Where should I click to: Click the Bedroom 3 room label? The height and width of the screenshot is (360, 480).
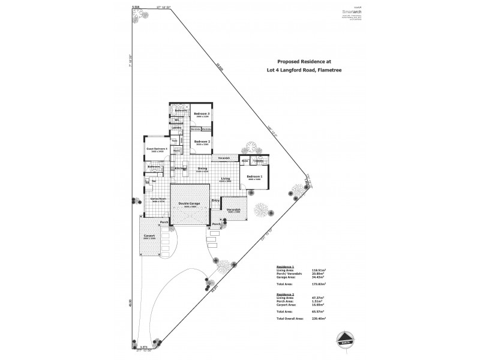pos(201,113)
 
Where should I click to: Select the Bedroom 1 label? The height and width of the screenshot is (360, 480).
pos(254,176)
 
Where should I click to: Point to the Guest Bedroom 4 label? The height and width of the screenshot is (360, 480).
pos(155,148)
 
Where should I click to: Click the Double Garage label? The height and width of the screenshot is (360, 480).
pos(190,204)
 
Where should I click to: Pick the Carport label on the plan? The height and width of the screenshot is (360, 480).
pos(149,236)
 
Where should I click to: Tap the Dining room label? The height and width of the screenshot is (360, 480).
pos(202,169)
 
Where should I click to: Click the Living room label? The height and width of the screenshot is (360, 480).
pos(226,179)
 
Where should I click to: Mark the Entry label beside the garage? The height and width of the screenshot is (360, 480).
pos(215,202)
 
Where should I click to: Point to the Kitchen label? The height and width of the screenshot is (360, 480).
pos(181,169)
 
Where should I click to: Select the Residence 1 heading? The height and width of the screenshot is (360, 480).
pos(284,266)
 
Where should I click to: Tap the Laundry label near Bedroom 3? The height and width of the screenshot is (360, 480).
pos(176,128)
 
